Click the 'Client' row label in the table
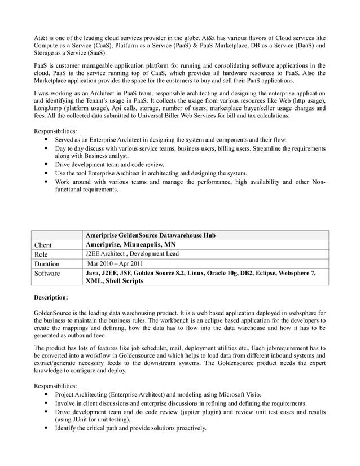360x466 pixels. click(43, 245)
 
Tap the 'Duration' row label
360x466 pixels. click(47, 263)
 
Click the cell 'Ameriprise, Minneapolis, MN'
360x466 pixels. click(130, 244)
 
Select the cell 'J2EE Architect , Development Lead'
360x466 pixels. click(131, 254)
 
